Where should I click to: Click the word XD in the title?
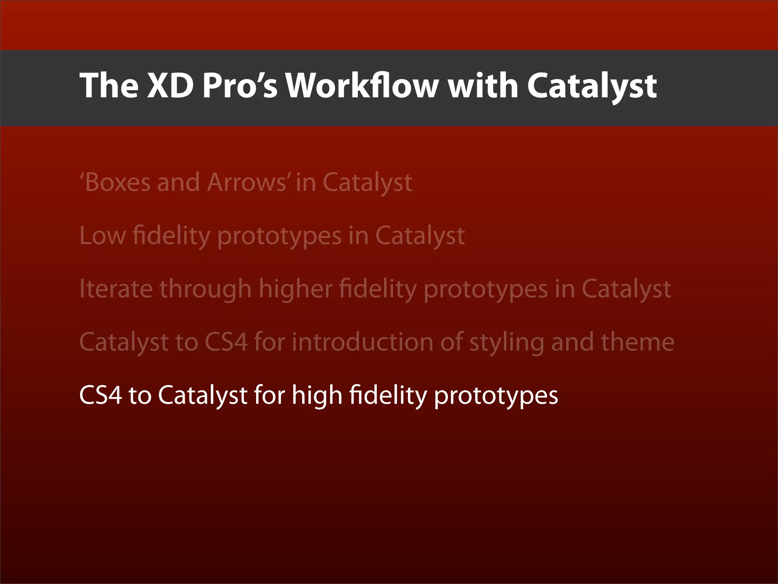(x=170, y=86)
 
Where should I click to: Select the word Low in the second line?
(x=102, y=236)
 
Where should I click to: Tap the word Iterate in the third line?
(x=116, y=289)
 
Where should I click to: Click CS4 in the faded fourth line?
(x=226, y=342)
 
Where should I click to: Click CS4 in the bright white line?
(x=101, y=395)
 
